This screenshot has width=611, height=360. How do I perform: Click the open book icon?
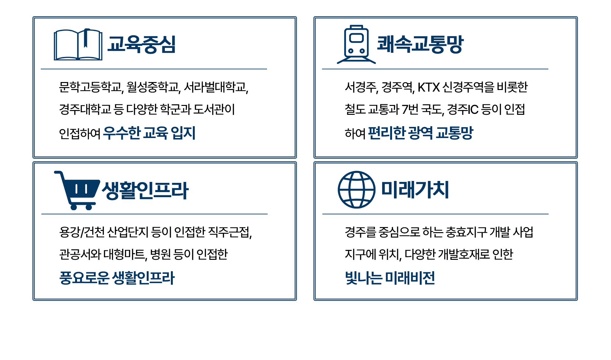click(x=78, y=45)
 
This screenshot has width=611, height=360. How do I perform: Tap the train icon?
click(x=356, y=45)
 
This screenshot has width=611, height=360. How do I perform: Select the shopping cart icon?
click(x=77, y=190)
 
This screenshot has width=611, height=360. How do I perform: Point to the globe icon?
click(x=356, y=190)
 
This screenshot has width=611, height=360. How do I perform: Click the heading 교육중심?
click(x=142, y=44)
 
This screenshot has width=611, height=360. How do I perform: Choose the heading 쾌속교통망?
click(x=420, y=44)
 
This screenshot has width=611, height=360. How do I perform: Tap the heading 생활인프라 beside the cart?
click(x=145, y=190)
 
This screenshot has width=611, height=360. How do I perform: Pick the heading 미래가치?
click(x=415, y=190)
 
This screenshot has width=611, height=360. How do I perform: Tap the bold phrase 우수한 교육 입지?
click(x=149, y=133)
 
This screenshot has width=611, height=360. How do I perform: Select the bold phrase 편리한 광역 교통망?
click(x=421, y=133)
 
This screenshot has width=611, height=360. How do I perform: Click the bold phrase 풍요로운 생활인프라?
click(x=117, y=278)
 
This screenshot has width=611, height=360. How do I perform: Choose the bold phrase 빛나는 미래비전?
click(x=390, y=278)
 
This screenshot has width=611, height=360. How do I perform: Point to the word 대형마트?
click(x=125, y=254)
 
